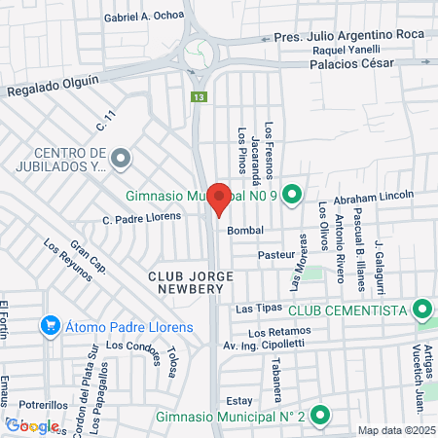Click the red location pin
pyautogui.click(x=219, y=199)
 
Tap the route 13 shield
pyautogui.click(x=199, y=97)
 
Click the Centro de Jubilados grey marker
pyautogui.click(x=120, y=157)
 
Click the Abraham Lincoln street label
pyautogui.click(x=374, y=197)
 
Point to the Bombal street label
pyautogui.click(x=246, y=231)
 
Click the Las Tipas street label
pyautogui.click(x=260, y=308)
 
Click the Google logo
pyautogui.click(x=32, y=425)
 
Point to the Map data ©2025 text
pyautogui.click(x=394, y=430)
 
